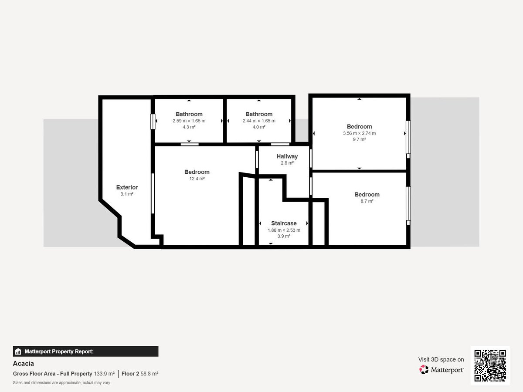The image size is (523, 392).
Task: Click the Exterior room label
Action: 127,187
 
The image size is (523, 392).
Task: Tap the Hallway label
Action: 287,156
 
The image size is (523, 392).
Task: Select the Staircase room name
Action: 284,223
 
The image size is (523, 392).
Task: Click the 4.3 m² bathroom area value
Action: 189,127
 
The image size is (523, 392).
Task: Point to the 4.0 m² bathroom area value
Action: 259,127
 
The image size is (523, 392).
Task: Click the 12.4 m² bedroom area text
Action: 197,179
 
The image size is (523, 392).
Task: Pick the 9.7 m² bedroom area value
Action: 359,139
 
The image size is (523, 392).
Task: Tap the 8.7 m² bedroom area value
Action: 367,201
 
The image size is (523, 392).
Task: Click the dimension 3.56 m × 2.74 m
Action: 359,133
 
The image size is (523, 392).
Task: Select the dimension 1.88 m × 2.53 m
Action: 284,230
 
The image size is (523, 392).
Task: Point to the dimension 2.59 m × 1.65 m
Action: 189,121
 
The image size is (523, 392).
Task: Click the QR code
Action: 490,365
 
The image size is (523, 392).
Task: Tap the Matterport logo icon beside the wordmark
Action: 424,369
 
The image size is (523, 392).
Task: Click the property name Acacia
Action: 24,363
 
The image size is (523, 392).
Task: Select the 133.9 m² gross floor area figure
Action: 104,374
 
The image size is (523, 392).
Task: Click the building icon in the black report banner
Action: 18,351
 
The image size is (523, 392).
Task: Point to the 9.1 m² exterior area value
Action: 127,194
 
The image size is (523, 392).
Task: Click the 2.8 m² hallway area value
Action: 287,163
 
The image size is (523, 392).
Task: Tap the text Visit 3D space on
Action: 441,359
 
